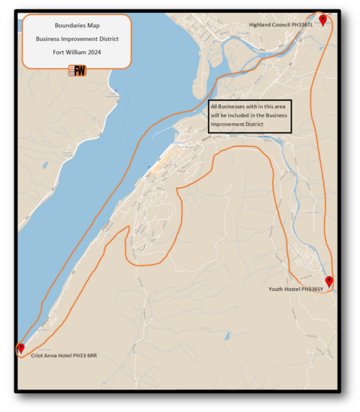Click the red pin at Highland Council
tap(323, 20)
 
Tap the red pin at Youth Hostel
tap(329, 282)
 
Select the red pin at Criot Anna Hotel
tap(21, 349)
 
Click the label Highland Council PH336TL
tap(282, 24)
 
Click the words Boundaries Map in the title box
tap(77, 25)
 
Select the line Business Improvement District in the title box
tap(77, 39)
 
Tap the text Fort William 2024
tap(77, 52)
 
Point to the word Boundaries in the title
tap(70, 25)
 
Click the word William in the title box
tap(76, 52)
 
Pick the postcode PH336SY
tap(312, 289)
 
